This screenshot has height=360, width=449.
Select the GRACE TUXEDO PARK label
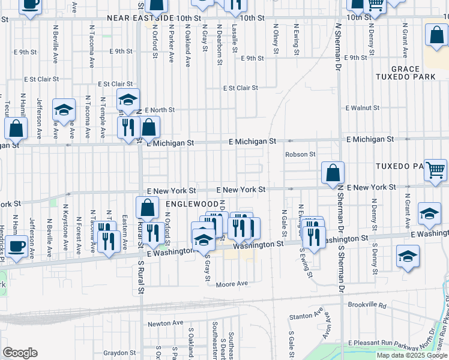point(396,73)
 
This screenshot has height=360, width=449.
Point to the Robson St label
point(300,154)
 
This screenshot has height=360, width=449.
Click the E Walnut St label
point(363,108)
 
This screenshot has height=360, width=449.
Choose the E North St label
point(160,110)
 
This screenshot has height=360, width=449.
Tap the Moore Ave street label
point(232,284)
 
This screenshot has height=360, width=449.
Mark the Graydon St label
point(119,353)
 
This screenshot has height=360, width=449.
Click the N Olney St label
point(276,39)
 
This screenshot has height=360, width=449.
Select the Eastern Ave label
point(124,233)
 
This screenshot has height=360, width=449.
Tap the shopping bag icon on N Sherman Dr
point(333,173)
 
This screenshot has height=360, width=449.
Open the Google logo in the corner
point(20,353)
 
